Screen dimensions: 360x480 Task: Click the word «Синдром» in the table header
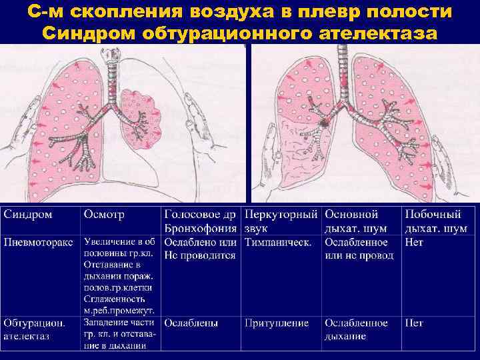[29, 215]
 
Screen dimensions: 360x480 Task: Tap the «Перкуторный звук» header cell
[280, 221]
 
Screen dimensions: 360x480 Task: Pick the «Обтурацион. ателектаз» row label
[35, 329]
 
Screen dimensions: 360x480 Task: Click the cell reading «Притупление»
[277, 323]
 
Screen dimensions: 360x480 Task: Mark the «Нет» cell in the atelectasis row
[414, 323]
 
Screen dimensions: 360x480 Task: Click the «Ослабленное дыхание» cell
[356, 329]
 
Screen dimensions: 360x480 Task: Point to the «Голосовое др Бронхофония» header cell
[200, 221]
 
